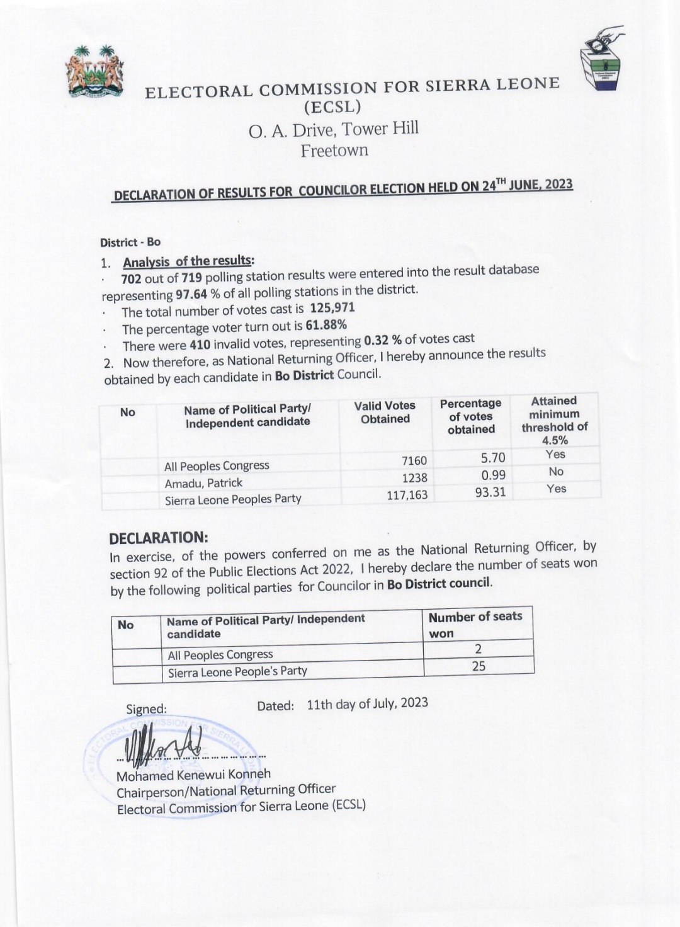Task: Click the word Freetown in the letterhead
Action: pyautogui.click(x=334, y=151)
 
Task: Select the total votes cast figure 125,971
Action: pyautogui.click(x=332, y=308)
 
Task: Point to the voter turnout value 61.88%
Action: pyautogui.click(x=326, y=326)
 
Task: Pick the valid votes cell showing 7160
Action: pyautogui.click(x=414, y=461)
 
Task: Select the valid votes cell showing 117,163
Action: pyautogui.click(x=407, y=495)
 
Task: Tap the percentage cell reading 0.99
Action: pyautogui.click(x=493, y=475)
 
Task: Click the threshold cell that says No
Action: pyautogui.click(x=556, y=472)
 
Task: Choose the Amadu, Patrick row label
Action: pyautogui.click(x=203, y=483)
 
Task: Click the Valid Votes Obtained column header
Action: pyautogui.click(x=385, y=412)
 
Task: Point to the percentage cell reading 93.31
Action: pyautogui.click(x=490, y=492)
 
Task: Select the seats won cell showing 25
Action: pyautogui.click(x=479, y=666)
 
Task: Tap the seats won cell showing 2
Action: pyautogui.click(x=479, y=649)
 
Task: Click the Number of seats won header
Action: pyautogui.click(x=475, y=625)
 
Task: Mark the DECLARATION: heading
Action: pyautogui.click(x=158, y=538)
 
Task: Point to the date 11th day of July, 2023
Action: pyautogui.click(x=367, y=703)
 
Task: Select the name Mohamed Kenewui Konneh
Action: pyautogui.click(x=193, y=775)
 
